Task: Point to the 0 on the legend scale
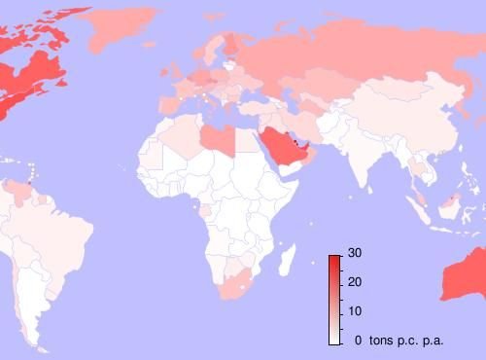point(359,340)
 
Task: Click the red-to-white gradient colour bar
point(333,299)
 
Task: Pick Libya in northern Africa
point(217,137)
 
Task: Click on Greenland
point(121,29)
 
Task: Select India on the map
point(362,156)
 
